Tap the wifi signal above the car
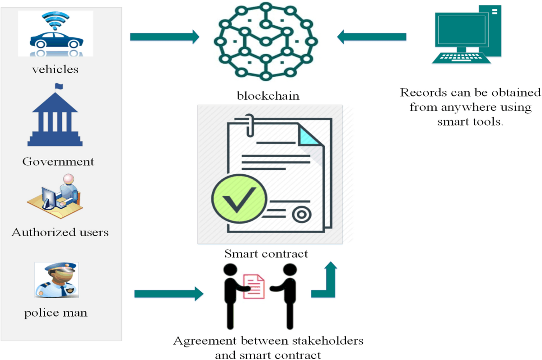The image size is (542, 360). tap(55, 20)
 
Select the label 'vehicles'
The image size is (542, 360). tap(55, 70)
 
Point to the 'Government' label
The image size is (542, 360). tap(58, 162)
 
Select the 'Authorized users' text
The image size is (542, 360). tap(60, 233)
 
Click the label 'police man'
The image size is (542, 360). tap(56, 313)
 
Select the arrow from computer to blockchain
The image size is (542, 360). tap(372, 37)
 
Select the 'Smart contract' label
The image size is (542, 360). tap(266, 253)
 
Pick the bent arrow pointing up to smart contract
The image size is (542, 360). tap(324, 282)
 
